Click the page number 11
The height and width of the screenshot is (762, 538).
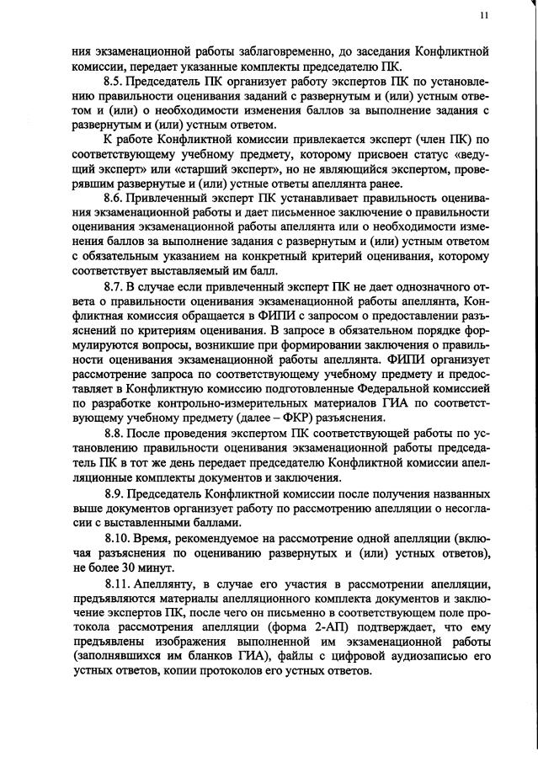click(482, 15)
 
